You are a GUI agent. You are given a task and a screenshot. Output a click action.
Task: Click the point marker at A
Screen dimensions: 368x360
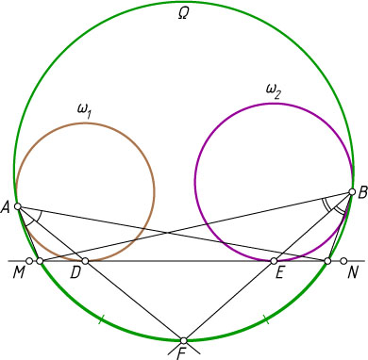pos(18,206)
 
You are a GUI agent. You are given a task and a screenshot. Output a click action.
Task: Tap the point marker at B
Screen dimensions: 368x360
pos(352,192)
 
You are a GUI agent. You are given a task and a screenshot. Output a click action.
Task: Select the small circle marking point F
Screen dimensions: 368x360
pos(184,340)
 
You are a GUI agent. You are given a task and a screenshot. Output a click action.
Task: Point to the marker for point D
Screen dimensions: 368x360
pos(85,261)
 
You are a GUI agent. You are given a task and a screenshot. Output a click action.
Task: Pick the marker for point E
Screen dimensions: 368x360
pos(274,261)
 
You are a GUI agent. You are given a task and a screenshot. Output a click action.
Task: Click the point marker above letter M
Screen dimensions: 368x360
pos(29,261)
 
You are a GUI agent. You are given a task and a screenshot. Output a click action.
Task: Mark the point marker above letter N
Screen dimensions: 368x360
pos(343,261)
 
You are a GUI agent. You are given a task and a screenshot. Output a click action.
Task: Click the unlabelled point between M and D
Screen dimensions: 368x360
pos(40,261)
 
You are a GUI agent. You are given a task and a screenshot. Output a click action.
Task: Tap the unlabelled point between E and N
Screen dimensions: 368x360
pos(327,261)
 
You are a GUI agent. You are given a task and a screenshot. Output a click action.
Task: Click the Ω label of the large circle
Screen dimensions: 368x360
pos(183,14)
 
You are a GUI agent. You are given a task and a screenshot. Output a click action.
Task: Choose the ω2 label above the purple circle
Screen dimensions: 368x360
pos(274,92)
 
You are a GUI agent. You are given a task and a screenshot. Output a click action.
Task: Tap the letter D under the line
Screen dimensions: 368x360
pos(75,273)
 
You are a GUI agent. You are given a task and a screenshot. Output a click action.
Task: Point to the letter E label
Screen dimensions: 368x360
pos(280,273)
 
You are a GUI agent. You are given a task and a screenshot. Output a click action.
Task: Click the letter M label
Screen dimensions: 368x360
pos(19,273)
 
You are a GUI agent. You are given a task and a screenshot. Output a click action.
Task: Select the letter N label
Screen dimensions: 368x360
pos(353,273)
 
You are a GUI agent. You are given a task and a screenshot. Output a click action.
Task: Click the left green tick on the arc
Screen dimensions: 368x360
pos(101,319)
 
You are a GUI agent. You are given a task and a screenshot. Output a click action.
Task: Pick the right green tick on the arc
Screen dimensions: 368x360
pos(266,319)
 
